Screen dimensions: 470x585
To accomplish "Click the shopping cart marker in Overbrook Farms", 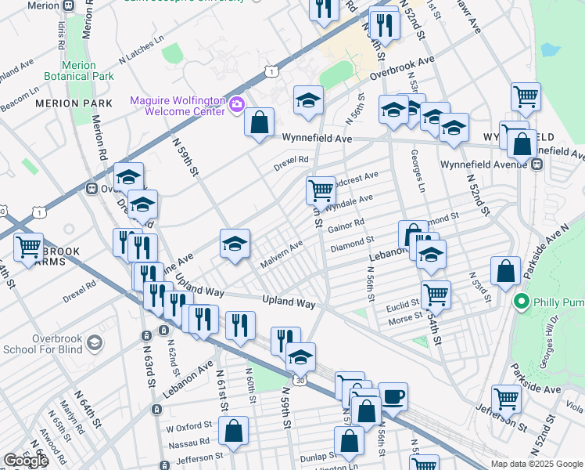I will click(28, 248).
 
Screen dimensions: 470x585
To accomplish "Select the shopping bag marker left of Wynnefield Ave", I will click(259, 122).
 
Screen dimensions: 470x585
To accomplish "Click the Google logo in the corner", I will click(26, 461).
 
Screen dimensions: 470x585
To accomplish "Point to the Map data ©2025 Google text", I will click(536, 464).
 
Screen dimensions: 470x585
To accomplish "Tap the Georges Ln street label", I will click(415, 173).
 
